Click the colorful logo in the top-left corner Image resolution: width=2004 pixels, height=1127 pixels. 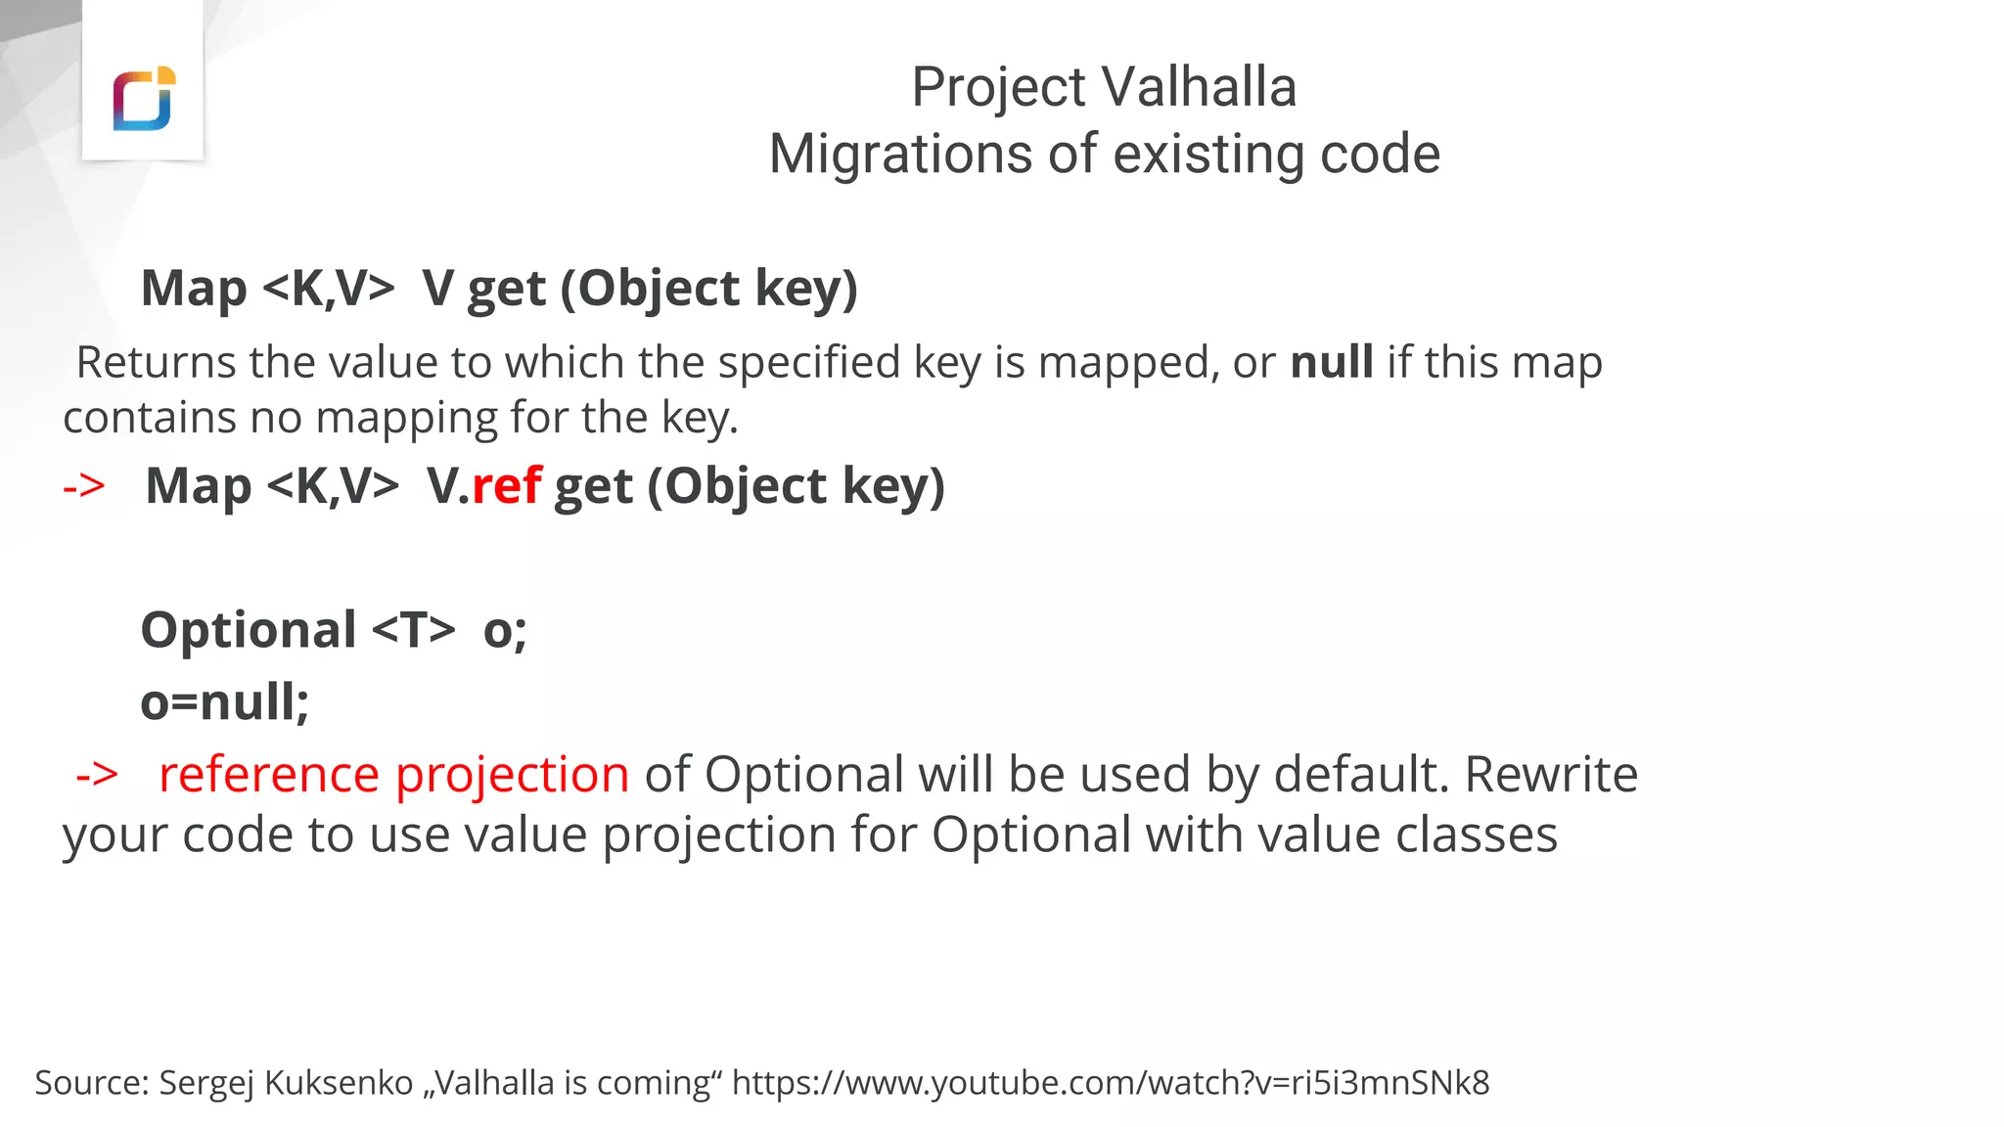point(143,99)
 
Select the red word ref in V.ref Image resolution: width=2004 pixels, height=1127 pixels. point(506,485)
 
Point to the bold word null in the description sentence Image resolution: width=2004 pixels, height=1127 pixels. point(1332,362)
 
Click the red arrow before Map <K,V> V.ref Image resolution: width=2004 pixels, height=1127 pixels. point(84,486)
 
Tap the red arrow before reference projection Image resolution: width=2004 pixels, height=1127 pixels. point(97,775)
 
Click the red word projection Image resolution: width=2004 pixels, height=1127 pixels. point(512,775)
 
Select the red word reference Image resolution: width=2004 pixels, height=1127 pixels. point(268,775)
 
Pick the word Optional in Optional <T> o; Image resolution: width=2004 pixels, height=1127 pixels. point(249,629)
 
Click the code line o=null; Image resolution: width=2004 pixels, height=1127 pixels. point(225,702)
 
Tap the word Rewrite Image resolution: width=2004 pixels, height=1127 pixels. point(1551,775)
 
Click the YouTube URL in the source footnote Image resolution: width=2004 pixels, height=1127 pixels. point(1111,1083)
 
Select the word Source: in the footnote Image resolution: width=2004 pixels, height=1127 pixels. point(92,1083)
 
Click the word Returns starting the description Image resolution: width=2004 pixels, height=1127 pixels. point(155,362)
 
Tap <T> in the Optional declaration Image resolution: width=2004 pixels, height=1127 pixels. point(414,629)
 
